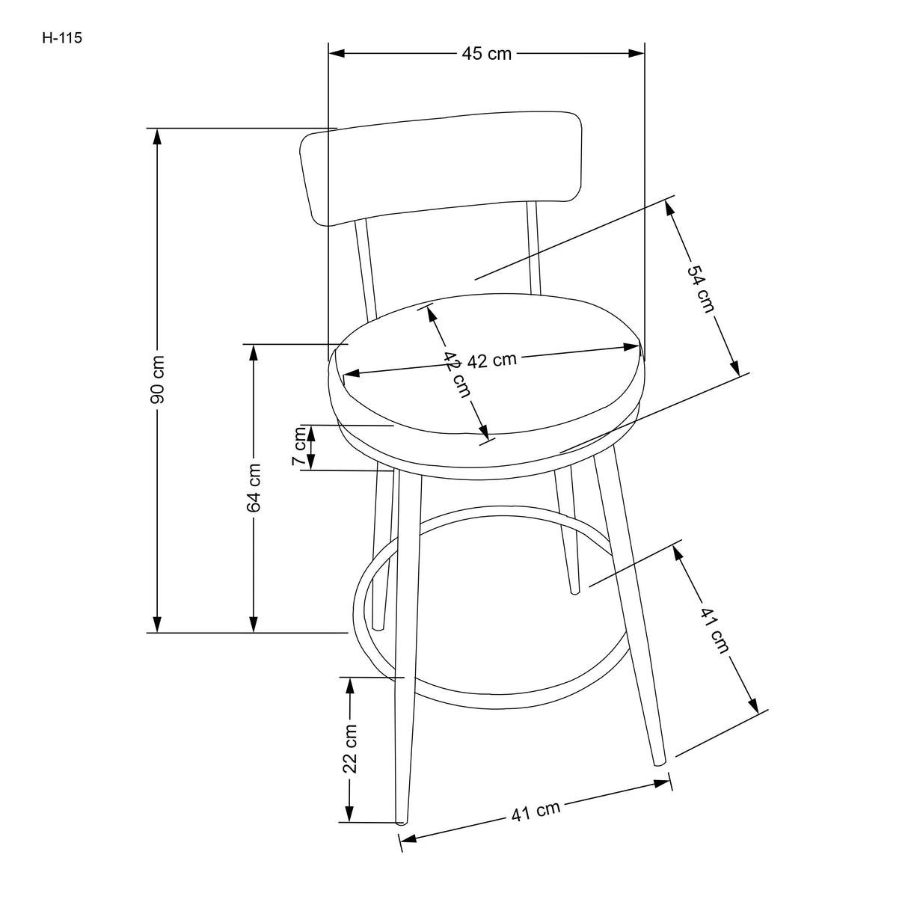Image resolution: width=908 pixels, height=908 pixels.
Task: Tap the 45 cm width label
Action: (x=486, y=54)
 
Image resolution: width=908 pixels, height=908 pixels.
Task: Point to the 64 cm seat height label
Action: (x=254, y=488)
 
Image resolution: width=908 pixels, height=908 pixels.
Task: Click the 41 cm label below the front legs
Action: (x=536, y=810)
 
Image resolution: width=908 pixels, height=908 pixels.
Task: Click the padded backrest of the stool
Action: (x=441, y=168)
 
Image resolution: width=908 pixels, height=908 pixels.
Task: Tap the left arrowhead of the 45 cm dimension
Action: (x=336, y=53)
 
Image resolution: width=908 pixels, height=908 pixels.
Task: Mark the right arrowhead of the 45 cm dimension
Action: (x=637, y=53)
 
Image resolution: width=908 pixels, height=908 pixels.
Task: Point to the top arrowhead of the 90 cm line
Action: (x=157, y=135)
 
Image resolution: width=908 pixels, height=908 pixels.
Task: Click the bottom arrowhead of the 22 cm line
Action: (x=349, y=815)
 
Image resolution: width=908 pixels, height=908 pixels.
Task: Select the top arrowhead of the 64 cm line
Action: (x=254, y=352)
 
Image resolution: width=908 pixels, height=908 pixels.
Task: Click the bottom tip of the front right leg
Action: (x=659, y=763)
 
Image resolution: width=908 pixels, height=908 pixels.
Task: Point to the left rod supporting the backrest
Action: (x=367, y=269)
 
